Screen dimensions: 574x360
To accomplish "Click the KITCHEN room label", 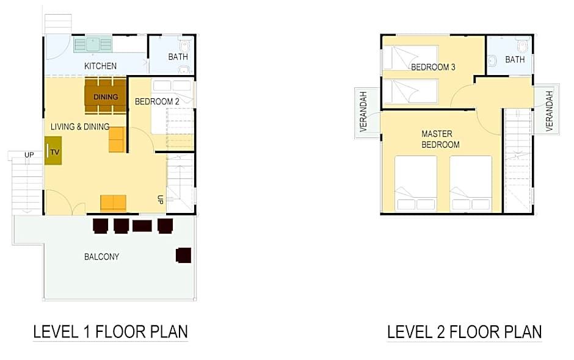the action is pos(100,66).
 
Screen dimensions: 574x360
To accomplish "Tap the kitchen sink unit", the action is pos(93,45).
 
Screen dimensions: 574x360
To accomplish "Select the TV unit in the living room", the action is pos(53,150).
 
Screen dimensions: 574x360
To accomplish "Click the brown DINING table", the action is pos(106,96).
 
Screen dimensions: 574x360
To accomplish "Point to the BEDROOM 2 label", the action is pos(157,101).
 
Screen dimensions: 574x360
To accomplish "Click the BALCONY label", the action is pos(101,256).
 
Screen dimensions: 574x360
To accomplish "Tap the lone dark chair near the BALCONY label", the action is pos(183,256).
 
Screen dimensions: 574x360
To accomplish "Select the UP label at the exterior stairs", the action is pos(29,155).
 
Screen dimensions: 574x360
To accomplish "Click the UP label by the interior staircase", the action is pos(160,200).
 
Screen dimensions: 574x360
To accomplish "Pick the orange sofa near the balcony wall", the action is pos(114,203).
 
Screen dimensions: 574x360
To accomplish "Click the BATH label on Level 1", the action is pos(178,57).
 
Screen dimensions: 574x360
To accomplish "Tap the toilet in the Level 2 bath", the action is pos(522,46).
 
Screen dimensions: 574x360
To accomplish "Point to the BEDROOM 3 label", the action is pos(433,67).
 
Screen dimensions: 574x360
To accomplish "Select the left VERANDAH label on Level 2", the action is pos(363,111).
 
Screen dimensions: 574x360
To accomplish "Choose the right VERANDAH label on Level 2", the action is pos(549,111).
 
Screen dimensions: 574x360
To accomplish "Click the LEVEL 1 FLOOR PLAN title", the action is pos(111,331).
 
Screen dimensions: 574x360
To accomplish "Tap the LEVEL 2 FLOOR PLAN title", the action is pos(465,332).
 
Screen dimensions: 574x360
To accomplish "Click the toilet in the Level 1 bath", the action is pos(185,46).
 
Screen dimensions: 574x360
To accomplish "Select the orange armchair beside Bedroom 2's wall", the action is pos(117,140).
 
